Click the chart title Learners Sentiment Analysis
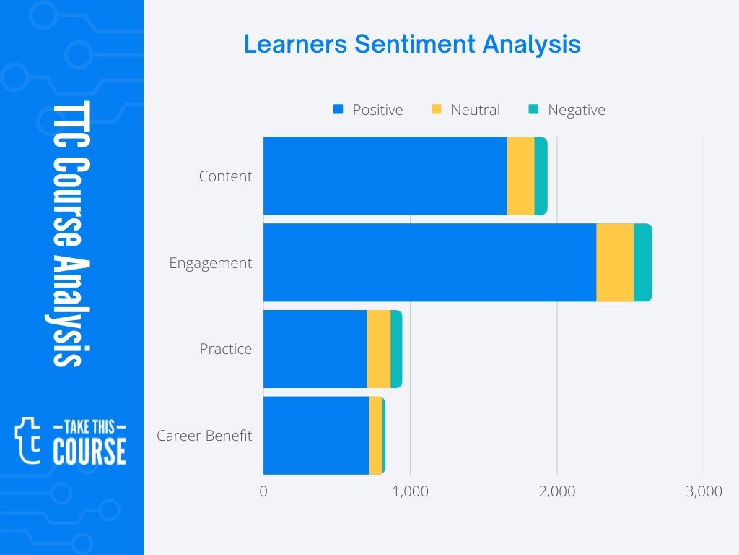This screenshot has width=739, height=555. pos(412,44)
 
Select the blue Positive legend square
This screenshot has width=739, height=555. pos(337,110)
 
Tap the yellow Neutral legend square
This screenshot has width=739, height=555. pos(436,110)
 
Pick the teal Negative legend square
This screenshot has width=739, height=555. pos(533,110)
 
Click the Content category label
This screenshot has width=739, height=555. pos(225,176)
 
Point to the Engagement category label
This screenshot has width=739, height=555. pos(211,263)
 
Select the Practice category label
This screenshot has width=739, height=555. pos(226,349)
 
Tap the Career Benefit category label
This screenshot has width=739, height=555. pos(204,436)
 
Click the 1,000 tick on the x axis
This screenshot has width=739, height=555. pos(410,492)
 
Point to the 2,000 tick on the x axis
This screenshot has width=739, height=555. pos(557,492)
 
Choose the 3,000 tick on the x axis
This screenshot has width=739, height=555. pos(704,492)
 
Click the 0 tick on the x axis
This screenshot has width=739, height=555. pos(263,492)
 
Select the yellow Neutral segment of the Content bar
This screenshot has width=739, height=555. pos(520,176)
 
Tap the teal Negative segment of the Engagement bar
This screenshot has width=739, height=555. pos(642,263)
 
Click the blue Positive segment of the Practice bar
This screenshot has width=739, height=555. pos(315,349)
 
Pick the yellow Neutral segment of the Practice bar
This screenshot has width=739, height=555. pos(378,349)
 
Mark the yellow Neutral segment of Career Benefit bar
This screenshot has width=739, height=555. pos(375,436)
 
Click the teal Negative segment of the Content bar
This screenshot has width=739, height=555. pos(541,176)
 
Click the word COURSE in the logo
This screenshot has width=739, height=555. pos(89,451)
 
